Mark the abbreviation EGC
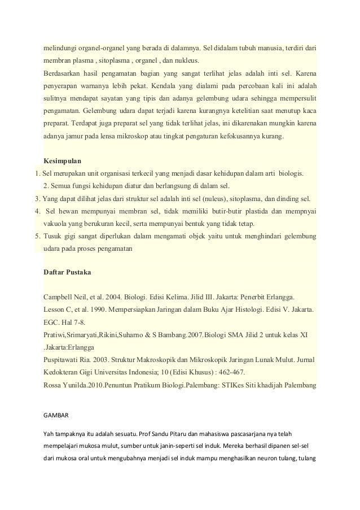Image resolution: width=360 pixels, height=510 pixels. coord(52,322)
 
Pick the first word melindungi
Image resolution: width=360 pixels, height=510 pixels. coord(62,49)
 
